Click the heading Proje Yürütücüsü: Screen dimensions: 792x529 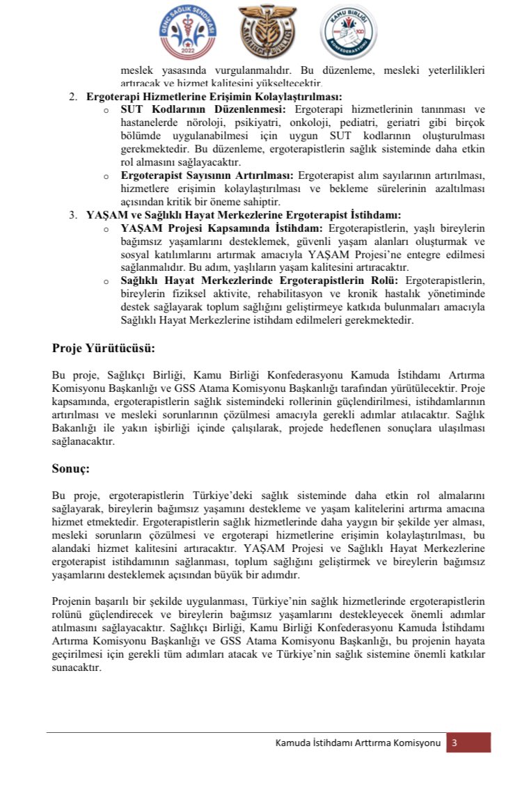[104, 347]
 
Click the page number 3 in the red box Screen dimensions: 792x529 [455, 743]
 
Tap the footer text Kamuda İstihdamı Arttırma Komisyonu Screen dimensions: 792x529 [358, 743]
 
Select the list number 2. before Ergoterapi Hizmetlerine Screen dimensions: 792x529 [74, 97]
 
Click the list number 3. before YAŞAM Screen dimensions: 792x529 [74, 214]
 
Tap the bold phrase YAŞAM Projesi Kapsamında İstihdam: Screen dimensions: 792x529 [222, 228]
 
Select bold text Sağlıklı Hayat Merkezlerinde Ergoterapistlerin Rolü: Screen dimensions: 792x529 [259, 280]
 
